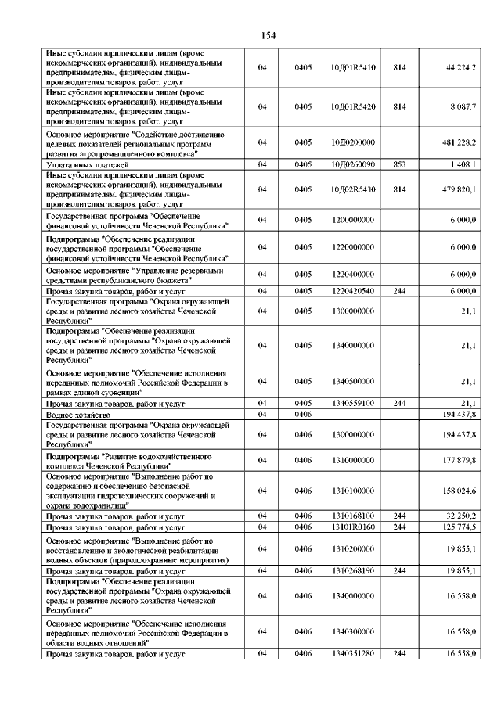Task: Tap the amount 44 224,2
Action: [x=461, y=68]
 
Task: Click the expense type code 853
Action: [x=399, y=164]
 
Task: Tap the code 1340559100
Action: [x=352, y=403]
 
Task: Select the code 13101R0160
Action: [x=352, y=527]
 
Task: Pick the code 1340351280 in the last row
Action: [x=352, y=652]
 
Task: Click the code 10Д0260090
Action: [x=352, y=164]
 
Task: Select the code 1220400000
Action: [x=352, y=275]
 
